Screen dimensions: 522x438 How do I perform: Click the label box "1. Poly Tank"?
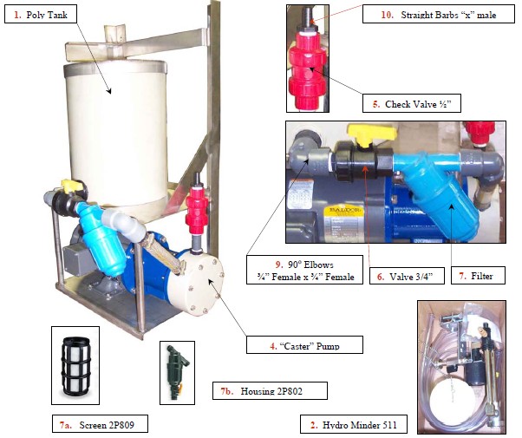(41, 14)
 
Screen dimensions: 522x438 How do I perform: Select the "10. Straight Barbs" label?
(439, 15)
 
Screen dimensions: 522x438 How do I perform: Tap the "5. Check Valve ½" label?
(412, 103)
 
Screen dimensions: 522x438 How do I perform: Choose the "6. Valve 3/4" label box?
(407, 276)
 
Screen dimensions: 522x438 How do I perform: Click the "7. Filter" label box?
(478, 275)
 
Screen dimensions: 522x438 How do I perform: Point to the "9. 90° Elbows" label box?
(304, 270)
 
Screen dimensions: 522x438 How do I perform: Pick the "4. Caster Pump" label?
(304, 344)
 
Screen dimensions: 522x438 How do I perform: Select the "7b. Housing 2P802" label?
(270, 390)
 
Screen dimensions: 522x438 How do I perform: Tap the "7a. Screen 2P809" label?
(100, 423)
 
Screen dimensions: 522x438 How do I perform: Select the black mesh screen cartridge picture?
(75, 365)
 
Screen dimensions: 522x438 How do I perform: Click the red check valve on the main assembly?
(197, 211)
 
